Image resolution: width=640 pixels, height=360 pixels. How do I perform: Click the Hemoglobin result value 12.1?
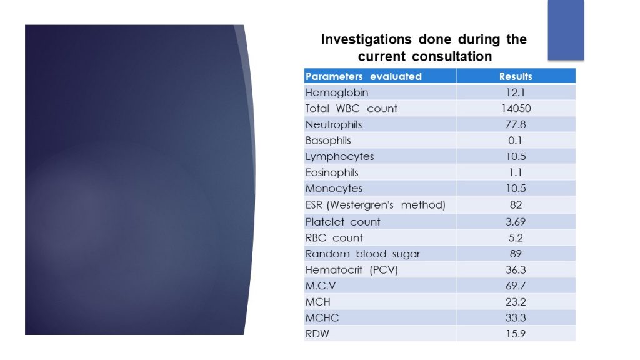[516, 92]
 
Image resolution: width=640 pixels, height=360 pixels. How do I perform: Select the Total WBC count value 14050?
[516, 108]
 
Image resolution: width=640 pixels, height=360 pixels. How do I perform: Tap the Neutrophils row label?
[334, 124]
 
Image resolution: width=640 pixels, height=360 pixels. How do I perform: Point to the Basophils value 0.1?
[516, 141]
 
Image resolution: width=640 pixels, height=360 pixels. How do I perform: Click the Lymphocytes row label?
[339, 156]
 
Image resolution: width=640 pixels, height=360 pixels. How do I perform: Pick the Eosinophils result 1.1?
[516, 172]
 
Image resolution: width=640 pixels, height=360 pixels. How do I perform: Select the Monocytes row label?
[334, 189]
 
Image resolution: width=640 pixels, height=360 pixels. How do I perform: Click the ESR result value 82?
[516, 205]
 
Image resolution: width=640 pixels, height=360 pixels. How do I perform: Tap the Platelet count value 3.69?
[516, 221]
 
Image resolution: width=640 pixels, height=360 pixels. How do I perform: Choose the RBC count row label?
[334, 237]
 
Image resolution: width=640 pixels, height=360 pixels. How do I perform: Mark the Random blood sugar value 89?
[516, 254]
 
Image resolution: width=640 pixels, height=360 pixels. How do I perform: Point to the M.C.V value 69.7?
[516, 286]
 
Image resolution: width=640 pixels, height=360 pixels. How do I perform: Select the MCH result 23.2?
[516, 302]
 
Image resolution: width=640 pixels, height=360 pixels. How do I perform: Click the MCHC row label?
[322, 318]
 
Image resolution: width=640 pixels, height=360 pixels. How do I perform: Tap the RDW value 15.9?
[516, 334]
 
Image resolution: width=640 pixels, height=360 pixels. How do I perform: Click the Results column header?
[516, 76]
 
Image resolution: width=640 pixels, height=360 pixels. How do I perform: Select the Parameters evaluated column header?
[363, 76]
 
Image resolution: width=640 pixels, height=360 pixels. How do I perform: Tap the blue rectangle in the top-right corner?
[566, 29]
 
